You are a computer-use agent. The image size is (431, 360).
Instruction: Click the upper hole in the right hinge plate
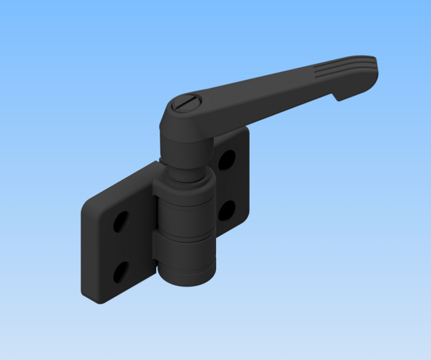point(226,159)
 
